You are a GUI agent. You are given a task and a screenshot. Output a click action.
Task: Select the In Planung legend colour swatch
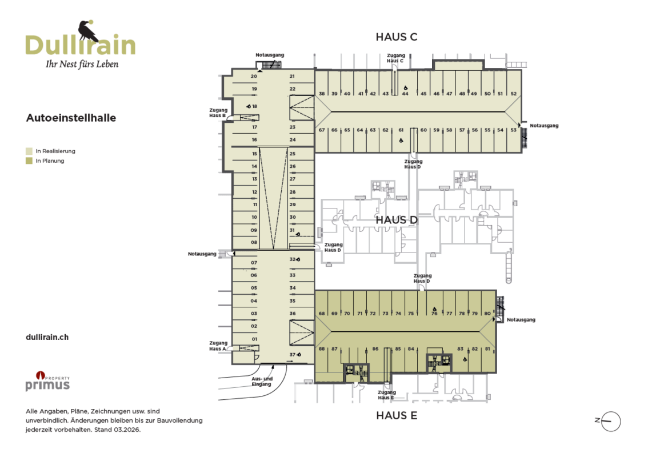coord(29,161)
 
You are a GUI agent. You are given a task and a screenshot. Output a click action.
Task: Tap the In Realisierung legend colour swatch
coord(29,151)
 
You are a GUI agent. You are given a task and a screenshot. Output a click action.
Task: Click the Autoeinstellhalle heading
coord(71,118)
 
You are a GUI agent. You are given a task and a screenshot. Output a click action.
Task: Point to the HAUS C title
coord(397,37)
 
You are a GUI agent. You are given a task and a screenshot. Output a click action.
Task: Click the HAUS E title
coord(397,416)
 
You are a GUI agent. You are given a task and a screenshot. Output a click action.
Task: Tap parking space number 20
coord(254,77)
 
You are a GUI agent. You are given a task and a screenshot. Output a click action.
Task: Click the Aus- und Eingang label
coord(262,382)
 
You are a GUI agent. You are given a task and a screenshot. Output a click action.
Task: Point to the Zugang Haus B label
coord(218,113)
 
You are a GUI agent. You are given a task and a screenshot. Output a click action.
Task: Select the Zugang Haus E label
coord(387,395)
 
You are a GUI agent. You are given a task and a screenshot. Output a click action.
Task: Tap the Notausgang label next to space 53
coord(544,126)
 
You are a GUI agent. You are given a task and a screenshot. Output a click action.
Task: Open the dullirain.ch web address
coord(47,337)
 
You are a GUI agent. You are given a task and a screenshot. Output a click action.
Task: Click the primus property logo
coord(47,381)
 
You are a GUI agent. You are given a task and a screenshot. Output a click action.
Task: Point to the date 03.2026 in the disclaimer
coord(127,430)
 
